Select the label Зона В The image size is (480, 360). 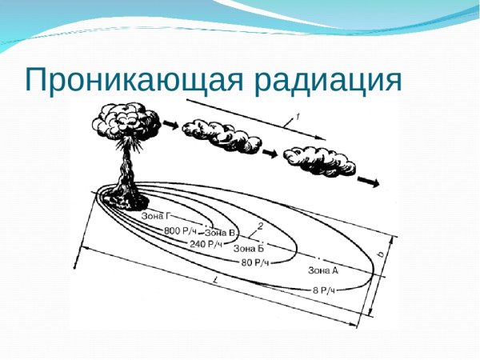[220, 233]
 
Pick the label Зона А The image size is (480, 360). [323, 270]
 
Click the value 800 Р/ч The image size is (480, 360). [181, 230]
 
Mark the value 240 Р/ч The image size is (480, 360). [206, 244]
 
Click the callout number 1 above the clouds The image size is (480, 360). [298, 117]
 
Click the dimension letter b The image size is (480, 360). [381, 254]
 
